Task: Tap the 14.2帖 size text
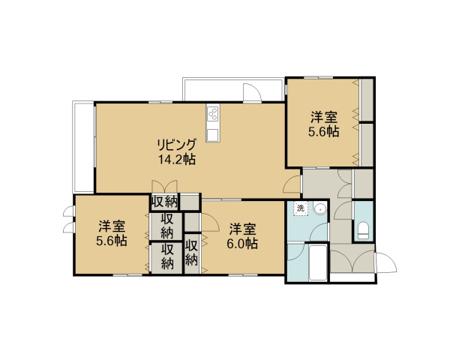tap(177, 159)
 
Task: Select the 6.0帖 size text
tap(242, 244)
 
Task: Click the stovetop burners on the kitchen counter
tap(213, 113)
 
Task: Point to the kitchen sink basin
tap(213, 134)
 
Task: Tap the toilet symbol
tap(363, 230)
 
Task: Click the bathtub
tap(318, 262)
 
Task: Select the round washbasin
tap(319, 208)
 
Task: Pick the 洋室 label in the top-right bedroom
tap(324, 117)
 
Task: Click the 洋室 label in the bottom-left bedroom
tap(112, 226)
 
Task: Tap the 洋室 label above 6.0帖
tap(242, 229)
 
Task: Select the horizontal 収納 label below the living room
tap(164, 202)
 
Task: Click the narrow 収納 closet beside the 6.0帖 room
tap(192, 253)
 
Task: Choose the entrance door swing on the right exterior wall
tap(385, 262)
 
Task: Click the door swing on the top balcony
tap(252, 92)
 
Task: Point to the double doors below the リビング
tap(164, 187)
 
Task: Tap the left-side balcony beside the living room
tap(83, 147)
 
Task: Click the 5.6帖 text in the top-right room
tap(324, 132)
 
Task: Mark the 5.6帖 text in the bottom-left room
tap(112, 241)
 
